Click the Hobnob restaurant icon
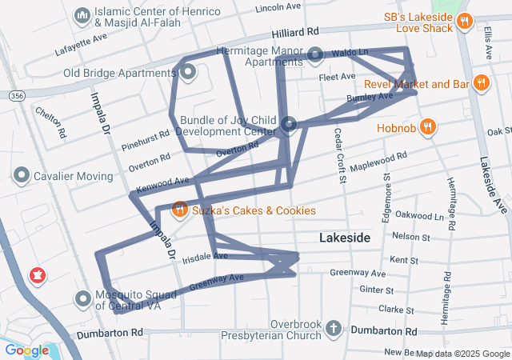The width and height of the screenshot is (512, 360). click(429, 126)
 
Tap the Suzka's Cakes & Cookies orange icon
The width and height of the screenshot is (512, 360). click(180, 210)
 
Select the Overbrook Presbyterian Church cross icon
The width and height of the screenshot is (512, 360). click(334, 329)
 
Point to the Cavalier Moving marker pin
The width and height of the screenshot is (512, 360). click(22, 175)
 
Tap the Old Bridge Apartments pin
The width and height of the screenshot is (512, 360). click(189, 73)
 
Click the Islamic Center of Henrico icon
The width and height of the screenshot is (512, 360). click(82, 16)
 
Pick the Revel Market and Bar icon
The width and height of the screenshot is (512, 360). click(480, 83)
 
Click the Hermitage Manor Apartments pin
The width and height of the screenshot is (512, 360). click(315, 55)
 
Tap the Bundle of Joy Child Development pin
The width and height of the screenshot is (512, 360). click(290, 124)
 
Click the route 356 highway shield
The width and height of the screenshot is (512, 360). click(16, 95)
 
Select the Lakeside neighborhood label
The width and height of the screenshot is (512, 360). click(345, 238)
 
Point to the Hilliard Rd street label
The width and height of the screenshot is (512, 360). click(295, 32)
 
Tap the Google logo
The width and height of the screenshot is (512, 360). click(26, 350)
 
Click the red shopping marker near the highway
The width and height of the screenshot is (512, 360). click(36, 277)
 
